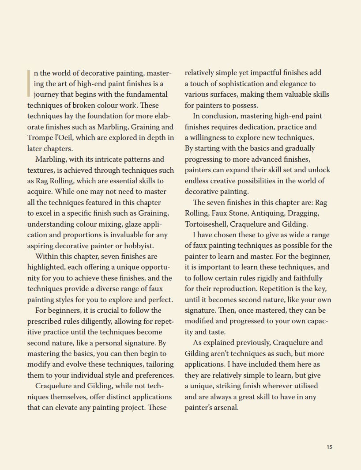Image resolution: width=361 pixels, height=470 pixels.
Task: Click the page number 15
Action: pos(330,447)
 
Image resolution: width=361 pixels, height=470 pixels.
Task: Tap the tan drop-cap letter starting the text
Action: pos(29,83)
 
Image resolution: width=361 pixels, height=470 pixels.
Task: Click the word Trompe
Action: pos(40,138)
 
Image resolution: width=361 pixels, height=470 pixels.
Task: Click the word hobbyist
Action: pos(139,246)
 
